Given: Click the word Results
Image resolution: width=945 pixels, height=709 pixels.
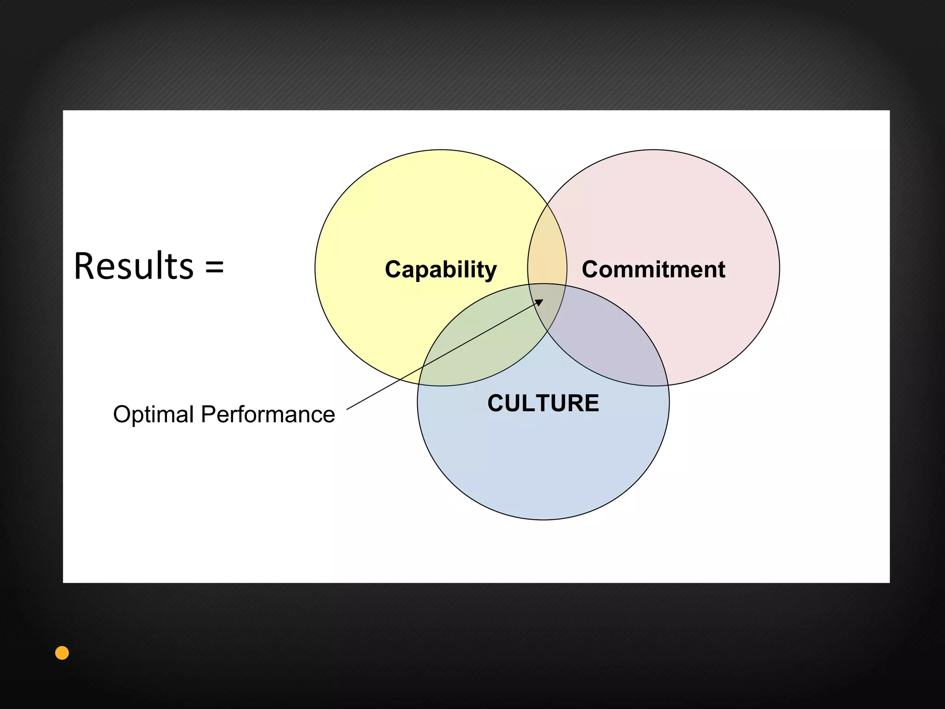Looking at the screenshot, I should (x=134, y=266).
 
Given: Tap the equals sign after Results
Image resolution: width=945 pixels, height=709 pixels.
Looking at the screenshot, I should (x=215, y=267).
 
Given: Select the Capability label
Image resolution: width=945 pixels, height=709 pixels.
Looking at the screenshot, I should (x=441, y=269).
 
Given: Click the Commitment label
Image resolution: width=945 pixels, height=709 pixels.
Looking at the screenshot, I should (x=653, y=269).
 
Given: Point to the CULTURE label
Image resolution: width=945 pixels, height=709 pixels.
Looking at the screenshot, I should (x=543, y=403).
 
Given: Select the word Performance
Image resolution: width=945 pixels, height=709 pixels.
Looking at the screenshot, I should (x=268, y=414).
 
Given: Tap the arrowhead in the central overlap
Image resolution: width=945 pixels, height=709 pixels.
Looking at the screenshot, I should (x=539, y=302).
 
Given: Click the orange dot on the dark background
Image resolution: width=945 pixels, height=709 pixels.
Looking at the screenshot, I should (x=62, y=653).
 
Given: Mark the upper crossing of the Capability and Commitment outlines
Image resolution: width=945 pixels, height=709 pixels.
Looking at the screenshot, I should (x=547, y=204).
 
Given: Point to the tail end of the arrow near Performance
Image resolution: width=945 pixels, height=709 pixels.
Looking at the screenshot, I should (x=347, y=409).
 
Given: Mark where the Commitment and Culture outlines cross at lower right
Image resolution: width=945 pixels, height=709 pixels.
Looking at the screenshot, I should (x=668, y=385).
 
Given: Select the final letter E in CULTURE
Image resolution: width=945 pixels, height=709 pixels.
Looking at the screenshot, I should (x=591, y=403).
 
